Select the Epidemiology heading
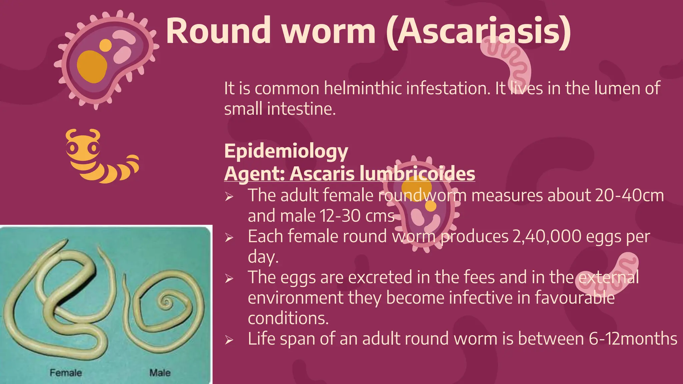pyautogui.click(x=286, y=151)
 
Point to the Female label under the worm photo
pyautogui.click(x=66, y=373)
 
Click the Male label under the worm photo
pyautogui.click(x=160, y=373)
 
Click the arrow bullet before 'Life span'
pyautogui.click(x=229, y=340)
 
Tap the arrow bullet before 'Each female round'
pyautogui.click(x=229, y=238)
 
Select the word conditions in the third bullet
pyautogui.click(x=288, y=318)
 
